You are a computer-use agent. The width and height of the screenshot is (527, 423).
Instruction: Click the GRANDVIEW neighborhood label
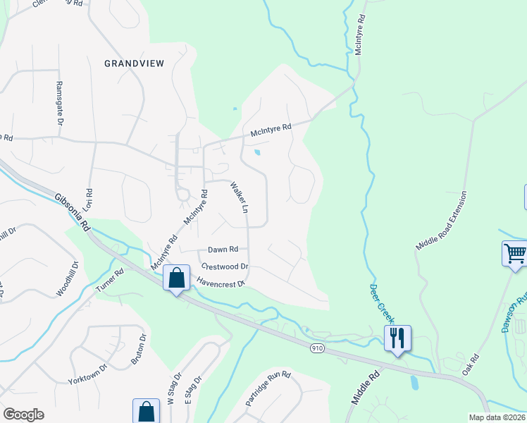coord(134,63)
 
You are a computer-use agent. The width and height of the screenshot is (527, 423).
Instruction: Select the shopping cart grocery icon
coord(515,253)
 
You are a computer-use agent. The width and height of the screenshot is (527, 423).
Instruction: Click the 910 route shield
coord(318,348)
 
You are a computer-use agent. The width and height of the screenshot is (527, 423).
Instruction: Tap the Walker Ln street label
coord(240,198)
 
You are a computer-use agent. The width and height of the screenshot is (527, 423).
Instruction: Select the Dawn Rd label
coord(223,249)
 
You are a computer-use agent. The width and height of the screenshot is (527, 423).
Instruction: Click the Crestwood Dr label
coord(225,266)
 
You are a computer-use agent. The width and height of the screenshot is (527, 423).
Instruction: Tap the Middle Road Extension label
coord(442,220)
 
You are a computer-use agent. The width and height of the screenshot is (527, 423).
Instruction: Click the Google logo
coord(23,415)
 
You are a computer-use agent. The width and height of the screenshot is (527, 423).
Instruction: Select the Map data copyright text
coord(497,417)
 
